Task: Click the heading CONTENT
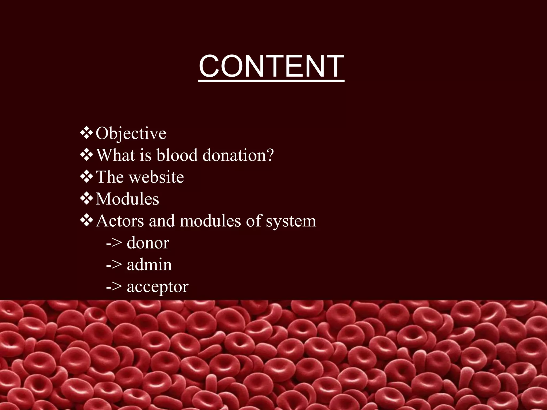click(x=271, y=66)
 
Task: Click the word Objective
click(x=131, y=133)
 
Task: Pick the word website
click(x=159, y=177)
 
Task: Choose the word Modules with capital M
click(x=127, y=199)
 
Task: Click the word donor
click(x=148, y=243)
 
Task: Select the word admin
click(x=149, y=265)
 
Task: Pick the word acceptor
click(x=158, y=287)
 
